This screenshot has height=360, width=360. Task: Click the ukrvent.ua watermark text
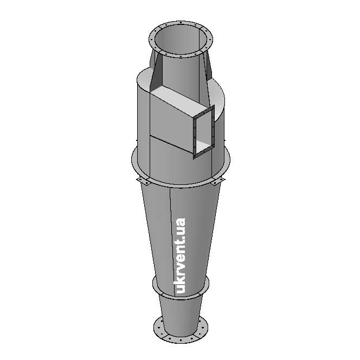point(180,255)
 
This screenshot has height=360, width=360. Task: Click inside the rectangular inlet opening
point(204,132)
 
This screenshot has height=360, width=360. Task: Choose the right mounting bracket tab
point(217,181)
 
